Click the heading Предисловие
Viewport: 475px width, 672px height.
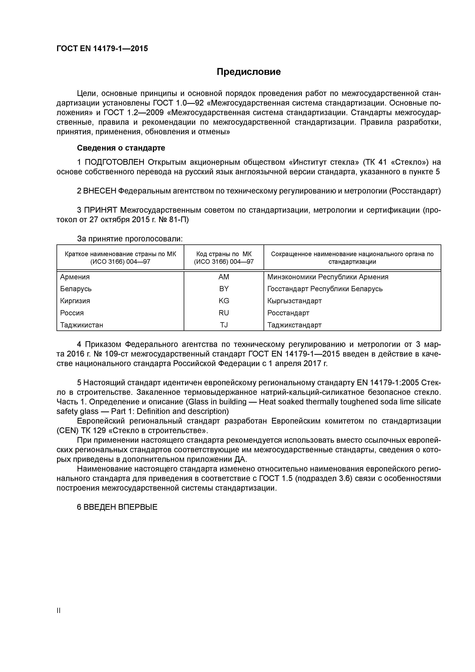[x=248, y=72]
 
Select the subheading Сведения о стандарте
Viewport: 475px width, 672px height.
[x=121, y=148]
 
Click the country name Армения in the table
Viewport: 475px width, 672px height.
[x=75, y=277]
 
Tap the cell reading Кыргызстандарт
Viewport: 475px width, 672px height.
[x=294, y=301]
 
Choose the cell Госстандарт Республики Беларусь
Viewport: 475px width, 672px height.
[x=325, y=289]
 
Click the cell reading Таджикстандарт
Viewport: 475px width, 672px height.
[x=294, y=325]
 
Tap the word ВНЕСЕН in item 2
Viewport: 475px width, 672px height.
[x=100, y=191]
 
